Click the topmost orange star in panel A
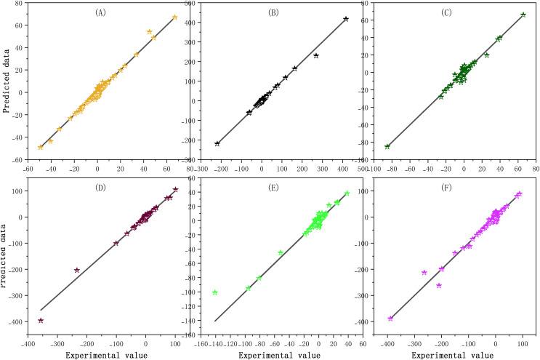pos(174,17)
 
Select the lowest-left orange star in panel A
pos(41,147)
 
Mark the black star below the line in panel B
pos(316,55)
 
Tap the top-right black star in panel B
pos(346,19)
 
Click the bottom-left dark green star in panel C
pos(387,146)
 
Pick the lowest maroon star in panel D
pos(41,320)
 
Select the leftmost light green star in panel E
pos(215,292)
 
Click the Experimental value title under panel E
pos(282,353)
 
